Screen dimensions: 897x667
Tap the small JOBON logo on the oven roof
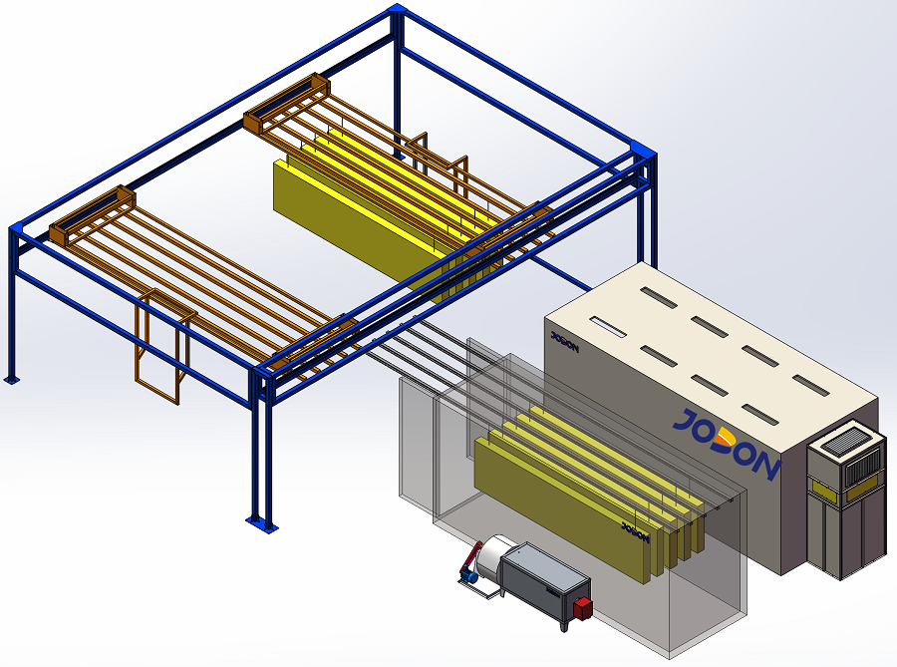point(565,342)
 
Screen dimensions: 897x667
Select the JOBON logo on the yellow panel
point(636,532)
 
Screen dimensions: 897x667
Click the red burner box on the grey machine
point(582,607)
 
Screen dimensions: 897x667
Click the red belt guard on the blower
point(470,556)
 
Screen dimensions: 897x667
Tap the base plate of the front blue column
point(262,524)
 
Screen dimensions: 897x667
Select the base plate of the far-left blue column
point(11,378)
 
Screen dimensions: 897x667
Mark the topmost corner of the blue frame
point(396,6)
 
